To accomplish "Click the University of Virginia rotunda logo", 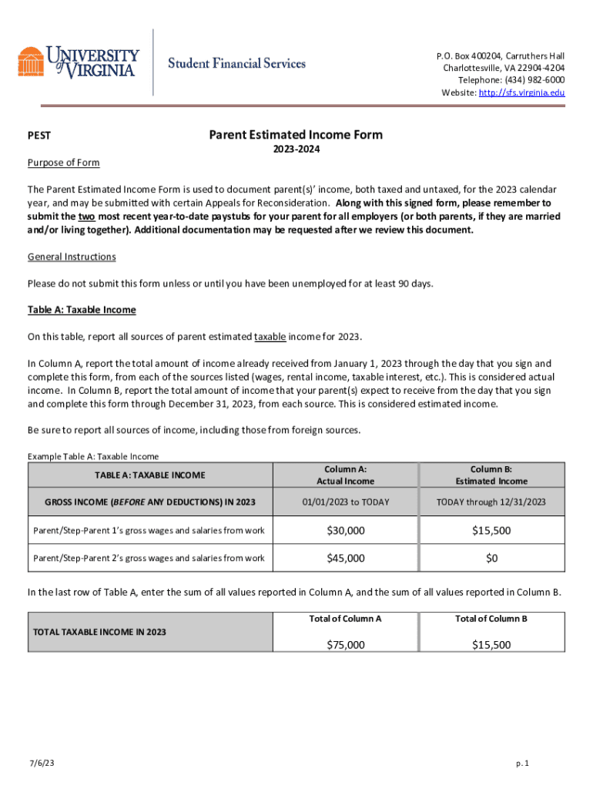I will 31,62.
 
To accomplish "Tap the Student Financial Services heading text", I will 237,63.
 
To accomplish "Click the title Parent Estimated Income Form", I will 296,135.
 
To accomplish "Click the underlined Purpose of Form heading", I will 64,163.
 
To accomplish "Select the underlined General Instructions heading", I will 72,257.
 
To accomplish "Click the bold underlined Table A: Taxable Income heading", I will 82,310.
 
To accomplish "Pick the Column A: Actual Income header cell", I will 345,475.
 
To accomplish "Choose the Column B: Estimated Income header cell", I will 491,475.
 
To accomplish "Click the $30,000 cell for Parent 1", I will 345,530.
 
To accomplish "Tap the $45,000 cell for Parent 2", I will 345,558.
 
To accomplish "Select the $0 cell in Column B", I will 491,558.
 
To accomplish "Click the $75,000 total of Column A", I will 345,645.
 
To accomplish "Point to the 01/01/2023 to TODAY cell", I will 345,502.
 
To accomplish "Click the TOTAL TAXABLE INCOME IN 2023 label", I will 99,632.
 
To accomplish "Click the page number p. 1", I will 522,763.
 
